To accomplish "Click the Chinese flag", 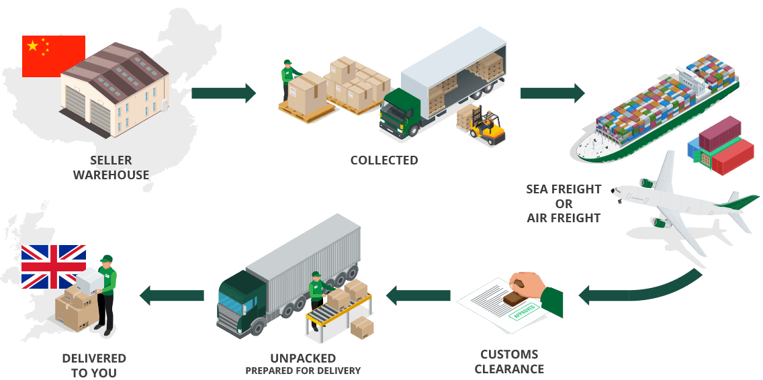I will tap(53, 55).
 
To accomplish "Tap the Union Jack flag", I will tap(53, 267).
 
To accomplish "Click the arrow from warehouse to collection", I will tap(224, 93).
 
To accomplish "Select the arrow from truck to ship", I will tap(552, 93).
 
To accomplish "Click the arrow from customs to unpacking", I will tap(417, 294).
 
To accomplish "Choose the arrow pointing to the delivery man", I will tap(172, 294).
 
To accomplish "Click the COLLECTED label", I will tap(384, 160).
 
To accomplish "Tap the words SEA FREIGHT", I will tap(564, 189).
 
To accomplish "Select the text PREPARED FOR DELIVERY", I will tap(302, 371).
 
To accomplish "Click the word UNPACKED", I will tap(302, 358).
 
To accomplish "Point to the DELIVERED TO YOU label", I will tap(94, 365).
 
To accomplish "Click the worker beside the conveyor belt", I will tap(317, 291).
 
